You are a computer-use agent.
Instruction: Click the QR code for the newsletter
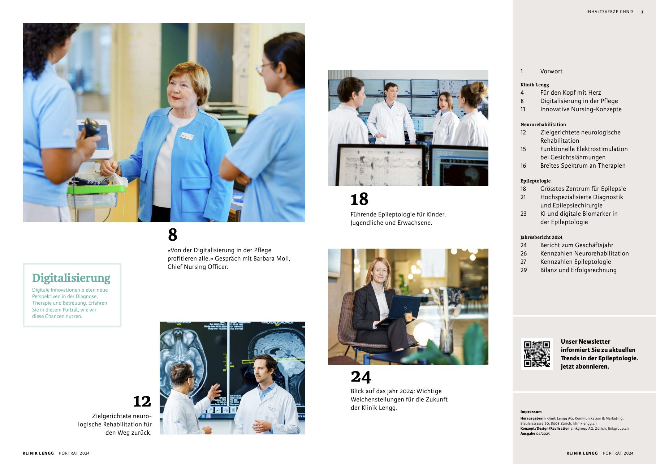pos(537,354)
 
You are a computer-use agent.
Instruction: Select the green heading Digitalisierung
pos(71,278)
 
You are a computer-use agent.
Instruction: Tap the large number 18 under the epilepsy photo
pos(359,199)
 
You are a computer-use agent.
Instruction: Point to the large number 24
pos(361,377)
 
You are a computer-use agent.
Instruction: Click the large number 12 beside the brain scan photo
pos(142,401)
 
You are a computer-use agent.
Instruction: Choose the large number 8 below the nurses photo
pos(173,235)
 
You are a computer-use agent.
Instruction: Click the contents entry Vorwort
pos(551,72)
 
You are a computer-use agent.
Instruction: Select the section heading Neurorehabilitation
pos(543,125)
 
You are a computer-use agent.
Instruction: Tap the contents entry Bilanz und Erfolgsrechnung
pos(578,270)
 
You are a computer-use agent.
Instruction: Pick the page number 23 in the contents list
pos(523,214)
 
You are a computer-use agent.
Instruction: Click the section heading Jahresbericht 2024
pos(541,237)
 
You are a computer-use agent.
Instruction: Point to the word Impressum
pos(531,412)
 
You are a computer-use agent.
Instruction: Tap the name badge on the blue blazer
pos(187,136)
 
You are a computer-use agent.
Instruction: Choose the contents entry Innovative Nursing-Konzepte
pos(581,109)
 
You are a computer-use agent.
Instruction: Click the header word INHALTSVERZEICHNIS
pos(610,12)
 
